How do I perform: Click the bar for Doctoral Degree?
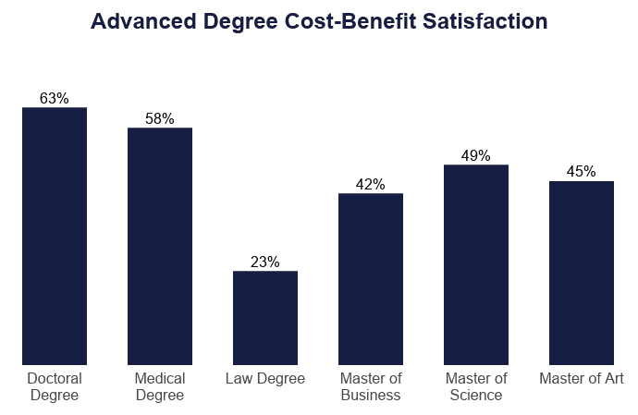coord(55,236)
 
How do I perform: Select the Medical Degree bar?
coord(160,246)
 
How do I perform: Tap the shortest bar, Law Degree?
coord(265,318)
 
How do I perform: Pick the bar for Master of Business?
coord(371,279)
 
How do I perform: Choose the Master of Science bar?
coord(476,264)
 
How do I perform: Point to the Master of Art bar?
coord(582,273)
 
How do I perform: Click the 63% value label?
coord(55,99)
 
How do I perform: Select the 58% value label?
coord(160,119)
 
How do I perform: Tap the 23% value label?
coord(265,262)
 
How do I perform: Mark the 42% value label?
coord(371,185)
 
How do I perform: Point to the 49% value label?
coord(476,156)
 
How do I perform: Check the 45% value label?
coord(582,172)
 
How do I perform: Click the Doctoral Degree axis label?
coord(55,387)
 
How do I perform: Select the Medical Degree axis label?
coord(160,387)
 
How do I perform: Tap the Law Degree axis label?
coord(265,379)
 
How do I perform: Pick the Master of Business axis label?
coord(371,387)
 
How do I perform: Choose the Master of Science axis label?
coord(476,387)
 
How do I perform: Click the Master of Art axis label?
coord(582,379)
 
